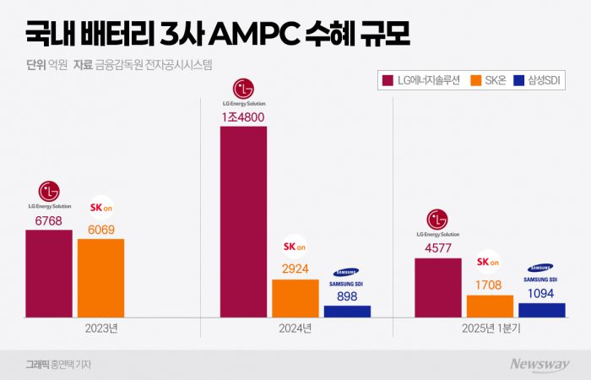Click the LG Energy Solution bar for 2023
coord(49,273)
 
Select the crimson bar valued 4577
coord(437,287)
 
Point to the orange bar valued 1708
coord(490,306)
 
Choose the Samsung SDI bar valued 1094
coord(541,310)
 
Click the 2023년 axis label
coord(101,328)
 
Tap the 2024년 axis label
coord(295,328)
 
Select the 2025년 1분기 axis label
coord(490,328)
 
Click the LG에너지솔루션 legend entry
coord(422,81)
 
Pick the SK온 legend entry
coord(491,81)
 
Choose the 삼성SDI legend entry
coord(538,81)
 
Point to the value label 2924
coord(295,269)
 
